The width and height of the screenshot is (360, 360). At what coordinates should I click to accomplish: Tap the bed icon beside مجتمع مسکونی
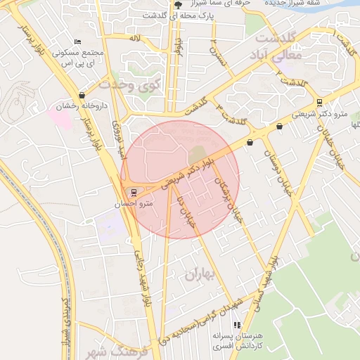point(77,42)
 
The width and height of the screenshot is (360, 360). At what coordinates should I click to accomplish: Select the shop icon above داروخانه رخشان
point(82,96)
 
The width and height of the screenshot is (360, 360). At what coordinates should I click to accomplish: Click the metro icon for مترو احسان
point(134,192)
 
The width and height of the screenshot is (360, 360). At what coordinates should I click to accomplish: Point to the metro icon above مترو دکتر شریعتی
point(320,102)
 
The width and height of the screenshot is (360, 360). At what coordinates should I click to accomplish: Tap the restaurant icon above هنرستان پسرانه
point(237,325)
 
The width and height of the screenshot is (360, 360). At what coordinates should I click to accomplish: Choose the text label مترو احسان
point(134,203)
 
